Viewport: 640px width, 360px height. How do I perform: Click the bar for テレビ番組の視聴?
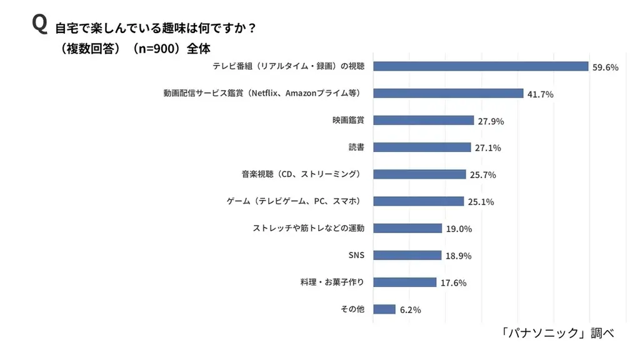481,66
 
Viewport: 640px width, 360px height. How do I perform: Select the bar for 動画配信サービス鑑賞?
447,93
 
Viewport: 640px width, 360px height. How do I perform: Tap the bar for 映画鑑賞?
423,120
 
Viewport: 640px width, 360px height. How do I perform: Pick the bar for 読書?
422,147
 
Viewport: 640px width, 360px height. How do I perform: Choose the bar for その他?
384,309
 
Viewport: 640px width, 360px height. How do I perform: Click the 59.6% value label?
605,67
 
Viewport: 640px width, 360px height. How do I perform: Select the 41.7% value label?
540,94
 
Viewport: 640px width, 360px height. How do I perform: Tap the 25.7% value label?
482,175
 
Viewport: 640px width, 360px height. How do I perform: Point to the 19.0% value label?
459,229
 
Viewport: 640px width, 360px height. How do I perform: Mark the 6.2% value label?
411,309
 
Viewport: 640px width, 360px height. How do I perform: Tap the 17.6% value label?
453,282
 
